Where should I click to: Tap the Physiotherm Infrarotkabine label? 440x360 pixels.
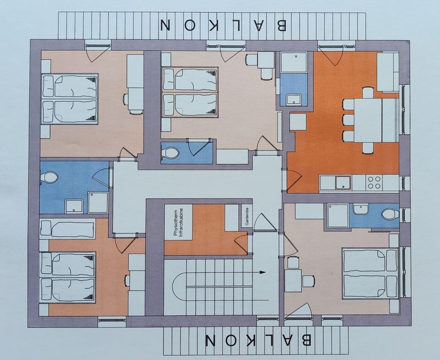point(178,222)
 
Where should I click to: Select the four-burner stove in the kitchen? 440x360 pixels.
point(374,183)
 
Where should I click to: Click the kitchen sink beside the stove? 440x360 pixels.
point(342,183)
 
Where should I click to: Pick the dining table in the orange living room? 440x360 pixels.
point(368,120)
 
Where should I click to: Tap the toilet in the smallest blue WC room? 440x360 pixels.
point(171,153)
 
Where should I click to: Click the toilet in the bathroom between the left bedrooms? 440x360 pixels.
point(49,177)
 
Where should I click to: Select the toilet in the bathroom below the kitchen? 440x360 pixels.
point(390,214)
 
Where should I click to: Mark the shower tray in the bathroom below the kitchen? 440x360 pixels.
point(338,215)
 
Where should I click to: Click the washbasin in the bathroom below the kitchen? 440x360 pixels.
point(361,209)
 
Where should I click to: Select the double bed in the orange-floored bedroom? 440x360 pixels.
point(68,277)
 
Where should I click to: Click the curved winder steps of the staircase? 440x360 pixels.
point(180,287)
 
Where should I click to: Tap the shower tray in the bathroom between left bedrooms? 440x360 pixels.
point(98,202)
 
